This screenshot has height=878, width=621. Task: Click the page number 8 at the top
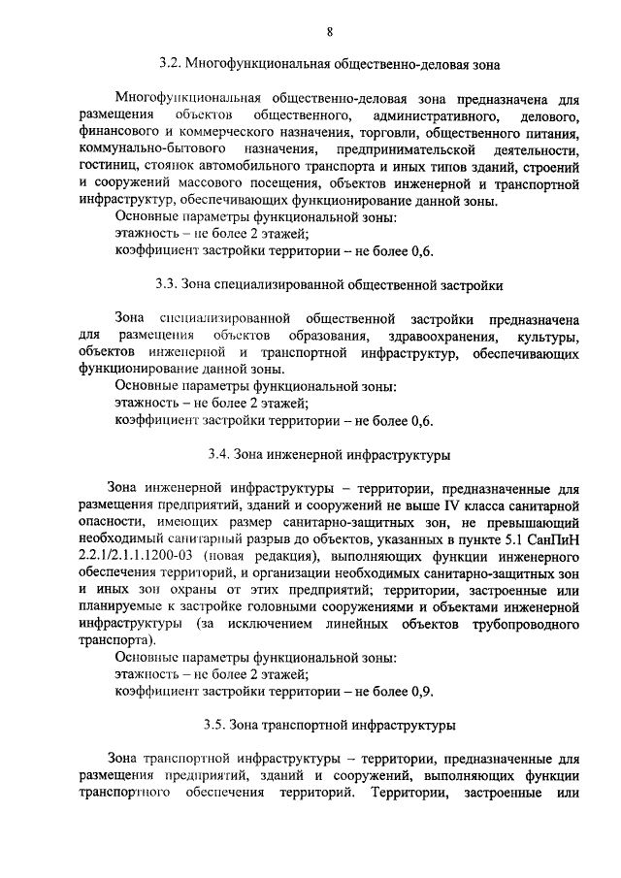tap(330, 31)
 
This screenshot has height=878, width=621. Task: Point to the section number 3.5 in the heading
tap(215, 724)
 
